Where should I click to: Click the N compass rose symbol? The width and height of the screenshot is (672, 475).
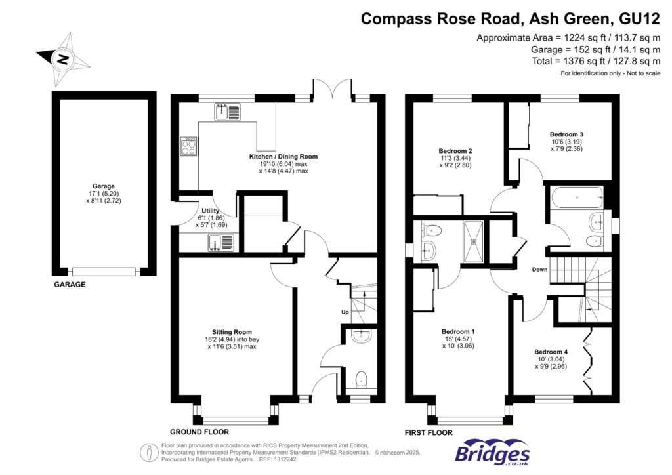[63, 59]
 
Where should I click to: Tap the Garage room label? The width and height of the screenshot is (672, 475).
[104, 186]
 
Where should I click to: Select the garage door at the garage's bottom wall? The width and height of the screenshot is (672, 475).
[104, 271]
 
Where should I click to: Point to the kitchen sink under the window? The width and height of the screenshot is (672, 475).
[228, 112]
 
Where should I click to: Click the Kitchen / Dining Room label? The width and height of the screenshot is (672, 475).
[283, 157]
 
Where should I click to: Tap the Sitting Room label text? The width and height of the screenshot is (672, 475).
[232, 332]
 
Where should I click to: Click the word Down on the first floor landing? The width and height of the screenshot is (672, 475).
[539, 270]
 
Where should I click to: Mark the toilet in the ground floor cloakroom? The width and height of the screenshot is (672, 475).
[360, 379]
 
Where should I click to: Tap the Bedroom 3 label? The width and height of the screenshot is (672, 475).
[566, 134]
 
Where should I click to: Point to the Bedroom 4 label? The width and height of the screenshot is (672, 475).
[551, 351]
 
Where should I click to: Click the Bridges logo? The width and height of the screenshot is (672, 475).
[492, 453]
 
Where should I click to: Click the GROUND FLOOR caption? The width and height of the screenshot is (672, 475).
[199, 432]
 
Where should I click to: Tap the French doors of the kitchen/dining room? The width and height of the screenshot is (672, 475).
[334, 89]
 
